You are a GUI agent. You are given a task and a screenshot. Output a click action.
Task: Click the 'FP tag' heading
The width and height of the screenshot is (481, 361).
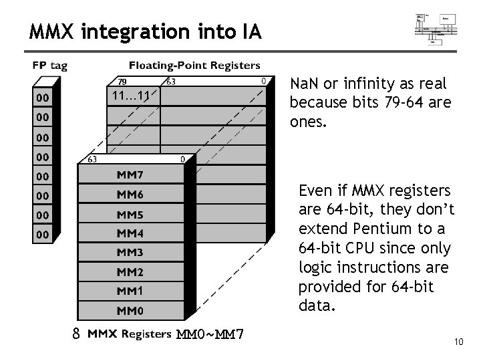click(x=50, y=66)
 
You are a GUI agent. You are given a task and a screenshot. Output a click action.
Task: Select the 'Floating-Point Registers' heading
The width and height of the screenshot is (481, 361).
click(x=194, y=66)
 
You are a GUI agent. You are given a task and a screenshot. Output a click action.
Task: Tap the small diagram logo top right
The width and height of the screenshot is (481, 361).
click(x=436, y=29)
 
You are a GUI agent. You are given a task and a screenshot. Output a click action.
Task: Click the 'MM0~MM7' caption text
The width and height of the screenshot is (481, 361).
click(x=209, y=334)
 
